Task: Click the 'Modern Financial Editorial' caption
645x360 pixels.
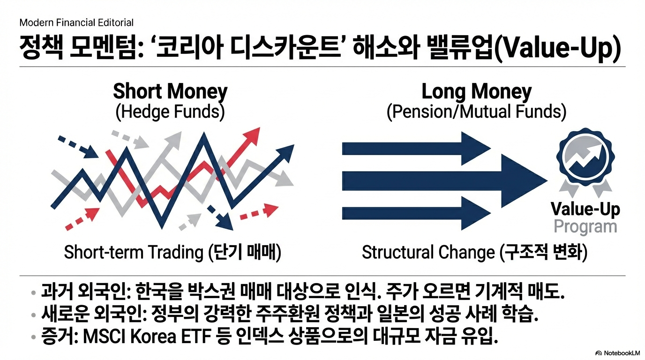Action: (76, 23)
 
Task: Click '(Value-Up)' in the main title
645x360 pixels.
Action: (557, 48)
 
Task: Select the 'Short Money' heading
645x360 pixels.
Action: (170, 91)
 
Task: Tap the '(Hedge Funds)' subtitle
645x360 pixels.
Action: (170, 112)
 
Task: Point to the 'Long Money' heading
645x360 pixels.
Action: (477, 91)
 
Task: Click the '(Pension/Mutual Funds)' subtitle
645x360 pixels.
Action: (476, 112)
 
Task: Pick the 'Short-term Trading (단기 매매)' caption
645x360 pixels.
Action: (172, 252)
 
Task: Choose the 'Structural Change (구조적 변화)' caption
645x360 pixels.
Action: (474, 252)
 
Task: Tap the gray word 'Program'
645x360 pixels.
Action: (585, 227)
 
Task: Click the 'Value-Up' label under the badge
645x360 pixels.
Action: (585, 210)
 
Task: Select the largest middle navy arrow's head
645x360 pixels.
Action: (524, 181)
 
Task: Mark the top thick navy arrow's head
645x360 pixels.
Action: (476, 149)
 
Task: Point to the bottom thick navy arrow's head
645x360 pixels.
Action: (476, 213)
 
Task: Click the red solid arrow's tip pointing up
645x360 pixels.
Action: (259, 128)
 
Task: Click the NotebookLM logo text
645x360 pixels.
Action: (621, 353)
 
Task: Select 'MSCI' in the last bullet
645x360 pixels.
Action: (104, 337)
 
